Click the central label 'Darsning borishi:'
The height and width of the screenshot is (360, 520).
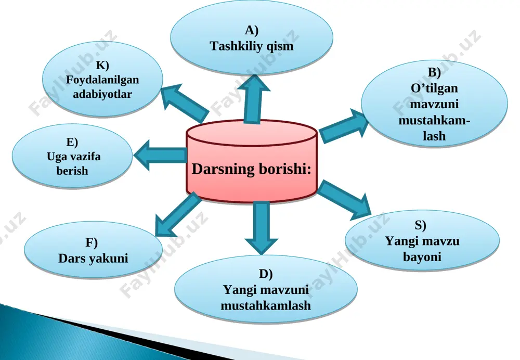tap(252, 169)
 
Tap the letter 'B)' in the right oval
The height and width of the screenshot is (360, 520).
tap(434, 72)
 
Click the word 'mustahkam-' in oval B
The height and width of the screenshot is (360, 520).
tap(434, 120)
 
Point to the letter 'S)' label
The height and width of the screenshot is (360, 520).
tap(420, 225)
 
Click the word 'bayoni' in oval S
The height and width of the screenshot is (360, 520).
tap(422, 257)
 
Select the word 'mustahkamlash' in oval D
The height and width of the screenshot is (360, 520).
tap(266, 305)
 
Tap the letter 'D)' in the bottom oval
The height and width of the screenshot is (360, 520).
tap(265, 274)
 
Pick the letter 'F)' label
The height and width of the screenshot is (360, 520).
tap(92, 242)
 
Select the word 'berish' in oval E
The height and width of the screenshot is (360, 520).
tap(72, 171)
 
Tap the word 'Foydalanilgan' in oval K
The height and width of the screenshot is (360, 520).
tap(102, 80)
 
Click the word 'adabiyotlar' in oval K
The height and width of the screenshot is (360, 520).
tap(102, 94)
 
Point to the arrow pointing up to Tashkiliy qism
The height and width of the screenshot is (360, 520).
tap(254, 99)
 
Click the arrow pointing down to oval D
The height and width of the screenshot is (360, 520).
tap(262, 228)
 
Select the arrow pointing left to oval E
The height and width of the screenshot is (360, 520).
tap(160, 155)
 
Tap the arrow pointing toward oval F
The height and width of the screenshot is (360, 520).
tap(177, 215)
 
